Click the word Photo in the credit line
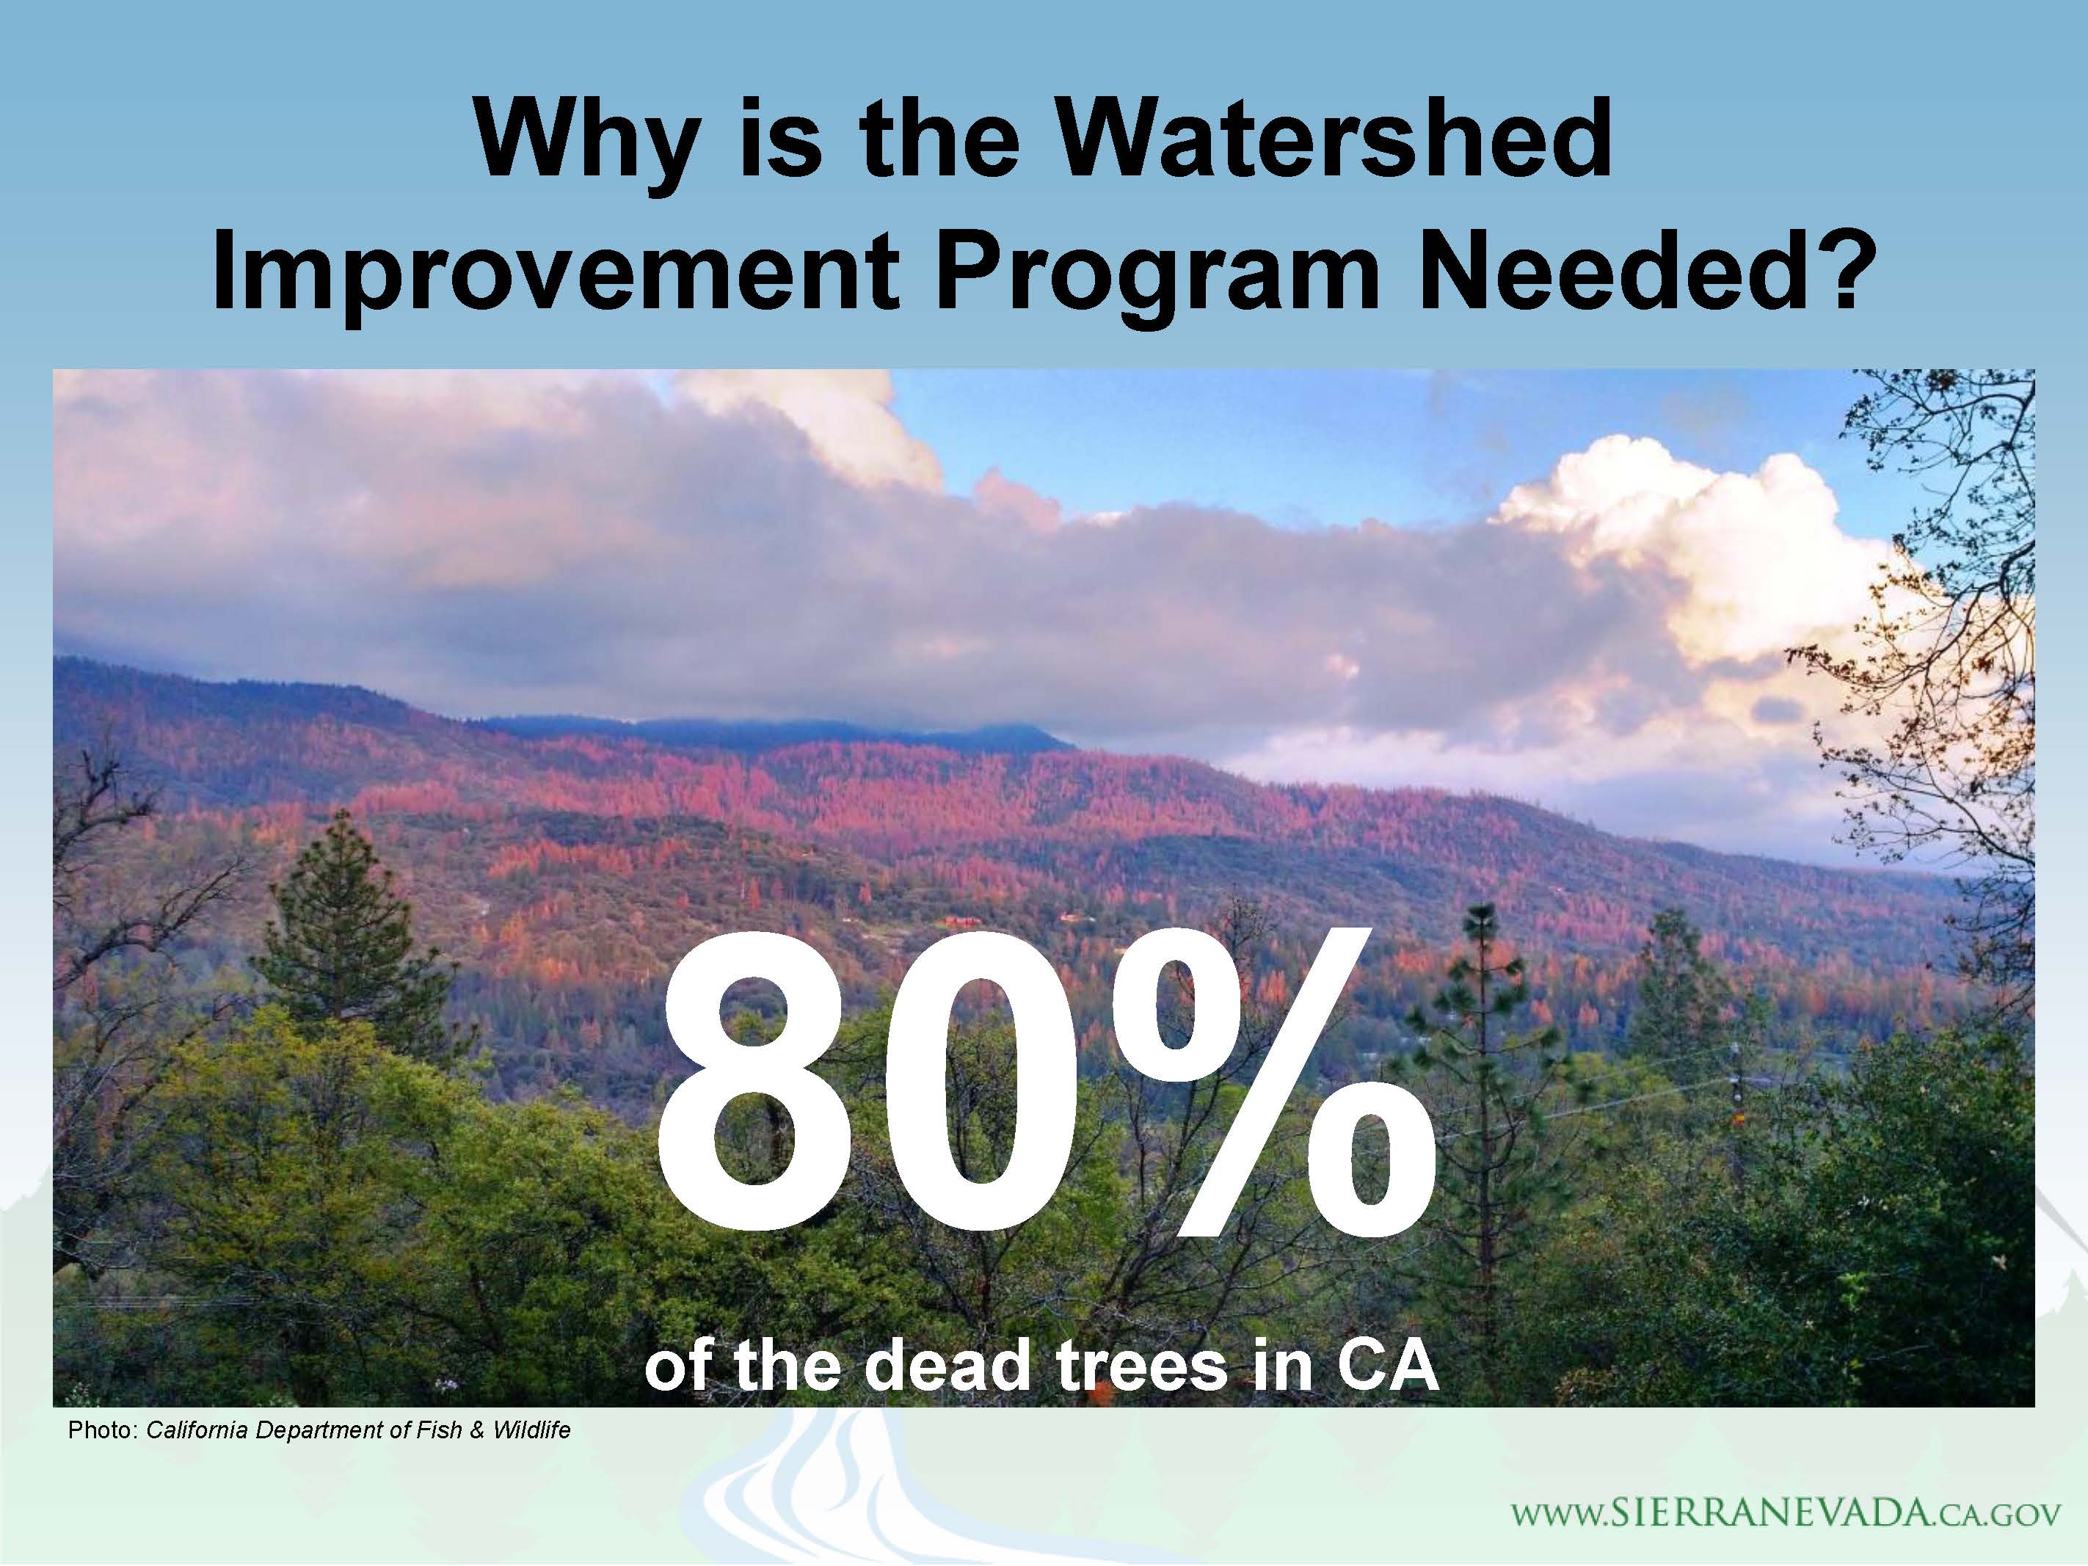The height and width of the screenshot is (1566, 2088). pos(103,1430)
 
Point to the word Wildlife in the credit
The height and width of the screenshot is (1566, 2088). pos(532,1430)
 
